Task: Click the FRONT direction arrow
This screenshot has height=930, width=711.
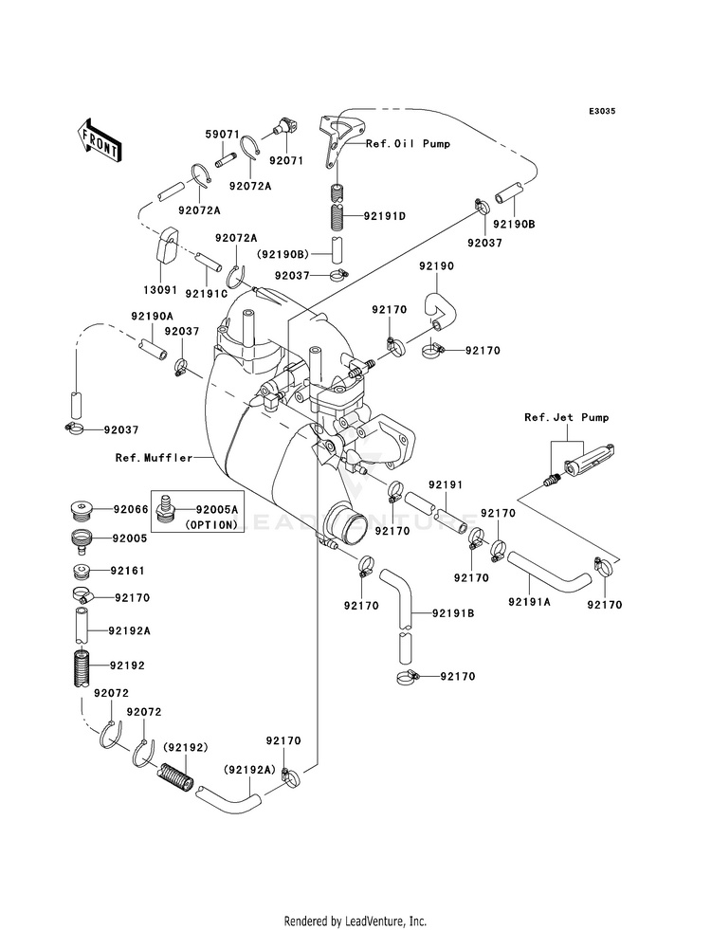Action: point(99,142)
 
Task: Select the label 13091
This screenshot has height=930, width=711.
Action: point(160,290)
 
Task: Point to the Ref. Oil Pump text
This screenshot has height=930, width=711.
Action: point(408,143)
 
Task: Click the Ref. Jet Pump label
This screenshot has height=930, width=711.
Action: point(566,417)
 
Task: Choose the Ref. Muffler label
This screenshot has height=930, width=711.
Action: point(155,458)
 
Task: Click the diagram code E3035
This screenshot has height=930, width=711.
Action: point(602,111)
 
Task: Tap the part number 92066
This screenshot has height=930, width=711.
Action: point(131,509)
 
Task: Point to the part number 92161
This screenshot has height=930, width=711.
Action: point(127,571)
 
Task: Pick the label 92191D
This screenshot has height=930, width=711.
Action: point(384,216)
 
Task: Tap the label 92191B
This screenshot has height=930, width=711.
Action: point(453,613)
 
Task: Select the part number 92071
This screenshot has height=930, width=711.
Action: point(286,161)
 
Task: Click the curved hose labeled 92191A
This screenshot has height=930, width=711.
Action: point(549,570)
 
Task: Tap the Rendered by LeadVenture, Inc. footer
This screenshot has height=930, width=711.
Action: point(355,921)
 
